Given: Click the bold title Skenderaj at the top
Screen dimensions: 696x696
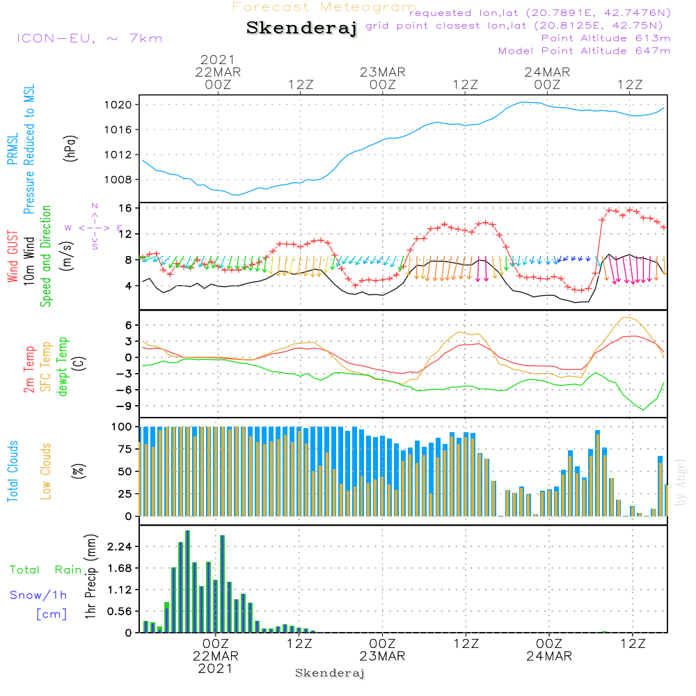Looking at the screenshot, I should click(301, 28).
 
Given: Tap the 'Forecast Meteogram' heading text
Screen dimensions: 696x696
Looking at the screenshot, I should click(324, 7).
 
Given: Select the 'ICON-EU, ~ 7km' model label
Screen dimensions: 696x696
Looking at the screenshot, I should click(88, 38).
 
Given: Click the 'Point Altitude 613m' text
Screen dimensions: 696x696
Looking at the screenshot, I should click(606, 38).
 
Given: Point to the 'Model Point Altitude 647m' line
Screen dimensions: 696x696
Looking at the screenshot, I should click(585, 51).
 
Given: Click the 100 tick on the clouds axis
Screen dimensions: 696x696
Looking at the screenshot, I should click(123, 426).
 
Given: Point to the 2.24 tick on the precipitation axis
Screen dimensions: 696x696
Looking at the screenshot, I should click(119, 546).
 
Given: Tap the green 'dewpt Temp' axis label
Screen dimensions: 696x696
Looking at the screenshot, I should click(63, 367).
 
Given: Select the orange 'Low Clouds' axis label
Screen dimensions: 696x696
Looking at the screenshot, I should click(46, 470).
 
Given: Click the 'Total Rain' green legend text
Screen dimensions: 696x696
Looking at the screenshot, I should click(45, 569).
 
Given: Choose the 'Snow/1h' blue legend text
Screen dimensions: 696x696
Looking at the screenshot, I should click(38, 595).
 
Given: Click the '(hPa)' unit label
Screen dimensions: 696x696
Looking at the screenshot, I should click(70, 148).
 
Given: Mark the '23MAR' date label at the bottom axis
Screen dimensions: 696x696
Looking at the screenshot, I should click(382, 656).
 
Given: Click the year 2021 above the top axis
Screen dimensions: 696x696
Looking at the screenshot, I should click(218, 60).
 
